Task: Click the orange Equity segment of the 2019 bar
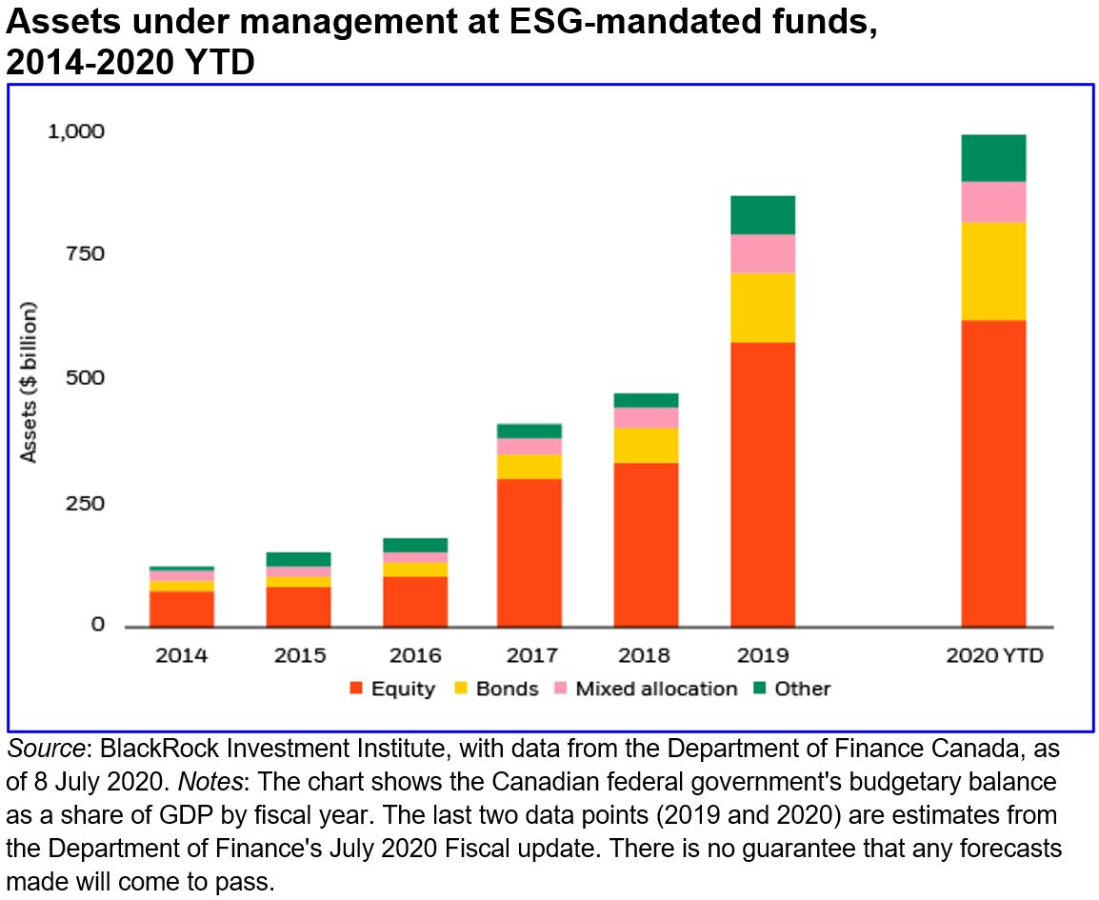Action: tap(762, 484)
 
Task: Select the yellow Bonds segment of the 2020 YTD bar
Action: tap(993, 270)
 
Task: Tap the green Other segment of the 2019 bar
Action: tap(762, 214)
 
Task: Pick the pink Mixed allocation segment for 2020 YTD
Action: tap(993, 201)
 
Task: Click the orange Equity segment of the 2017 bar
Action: tap(529, 552)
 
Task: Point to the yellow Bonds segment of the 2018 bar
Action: tap(645, 445)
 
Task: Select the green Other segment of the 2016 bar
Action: tap(414, 545)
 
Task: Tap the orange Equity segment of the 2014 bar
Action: tap(181, 609)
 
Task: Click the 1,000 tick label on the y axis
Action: tap(75, 131)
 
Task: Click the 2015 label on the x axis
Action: tap(298, 656)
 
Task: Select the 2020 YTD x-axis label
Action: tap(993, 656)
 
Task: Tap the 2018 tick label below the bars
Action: tap(645, 656)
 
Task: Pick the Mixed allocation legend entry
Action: tap(656, 689)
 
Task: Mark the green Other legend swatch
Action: tap(761, 689)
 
